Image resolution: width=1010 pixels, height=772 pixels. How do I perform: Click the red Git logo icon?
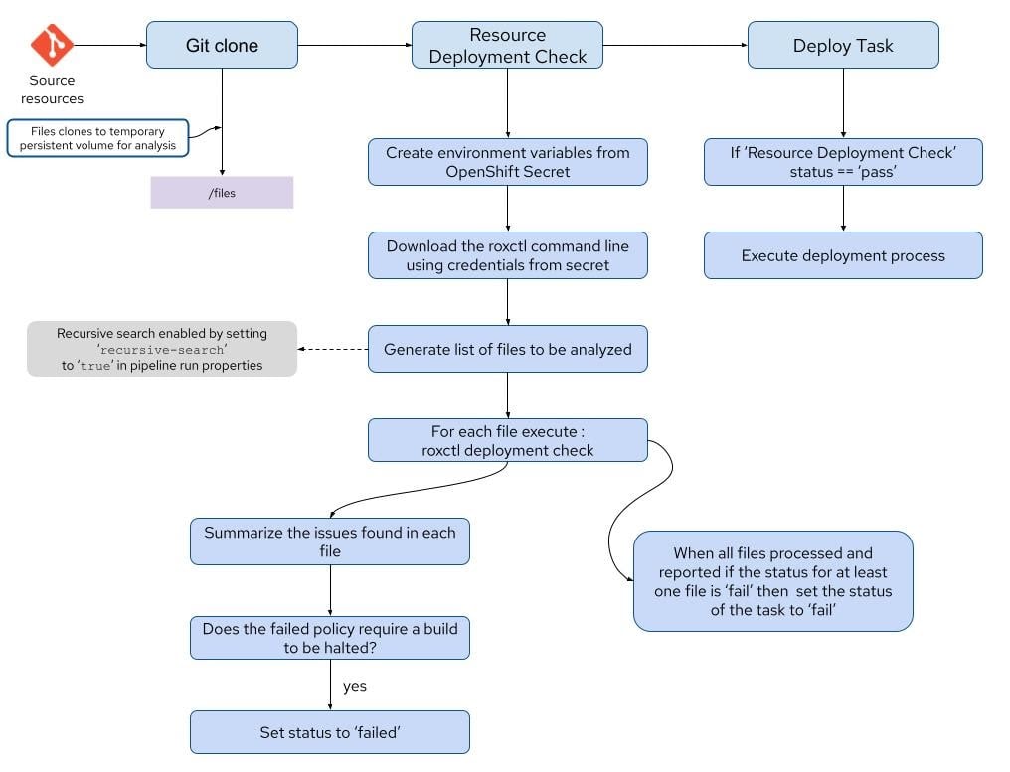[x=52, y=46]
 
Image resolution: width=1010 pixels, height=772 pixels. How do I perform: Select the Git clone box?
[x=222, y=46]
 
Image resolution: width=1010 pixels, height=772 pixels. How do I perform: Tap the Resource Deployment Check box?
[x=507, y=46]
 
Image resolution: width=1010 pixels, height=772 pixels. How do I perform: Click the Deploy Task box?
[x=843, y=46]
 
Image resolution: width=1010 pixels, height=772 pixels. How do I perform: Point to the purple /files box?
[x=222, y=193]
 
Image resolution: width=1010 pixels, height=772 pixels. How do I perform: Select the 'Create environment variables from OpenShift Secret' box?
[x=507, y=162]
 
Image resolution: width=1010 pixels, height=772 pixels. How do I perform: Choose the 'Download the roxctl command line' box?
[x=507, y=255]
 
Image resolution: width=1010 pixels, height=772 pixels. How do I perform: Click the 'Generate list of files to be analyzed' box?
[x=507, y=349]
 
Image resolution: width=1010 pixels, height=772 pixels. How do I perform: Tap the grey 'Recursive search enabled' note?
[x=162, y=349]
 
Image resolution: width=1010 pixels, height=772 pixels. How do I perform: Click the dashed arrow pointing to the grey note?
[x=332, y=349]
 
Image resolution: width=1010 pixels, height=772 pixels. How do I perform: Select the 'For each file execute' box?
[x=507, y=440]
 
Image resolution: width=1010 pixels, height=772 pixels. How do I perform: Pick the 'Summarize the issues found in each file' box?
[x=329, y=541]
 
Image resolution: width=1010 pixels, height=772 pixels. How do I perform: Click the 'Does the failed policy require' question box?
[x=329, y=638]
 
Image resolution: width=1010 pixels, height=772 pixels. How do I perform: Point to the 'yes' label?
[x=355, y=687]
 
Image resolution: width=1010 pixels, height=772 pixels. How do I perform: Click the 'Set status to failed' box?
[x=329, y=733]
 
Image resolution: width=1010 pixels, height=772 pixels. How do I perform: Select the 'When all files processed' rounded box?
[x=772, y=581]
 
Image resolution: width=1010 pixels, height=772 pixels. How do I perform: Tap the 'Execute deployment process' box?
[x=843, y=255]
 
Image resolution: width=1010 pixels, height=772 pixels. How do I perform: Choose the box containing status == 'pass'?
[x=843, y=162]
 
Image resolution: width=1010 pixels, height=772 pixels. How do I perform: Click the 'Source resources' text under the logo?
[x=52, y=89]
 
